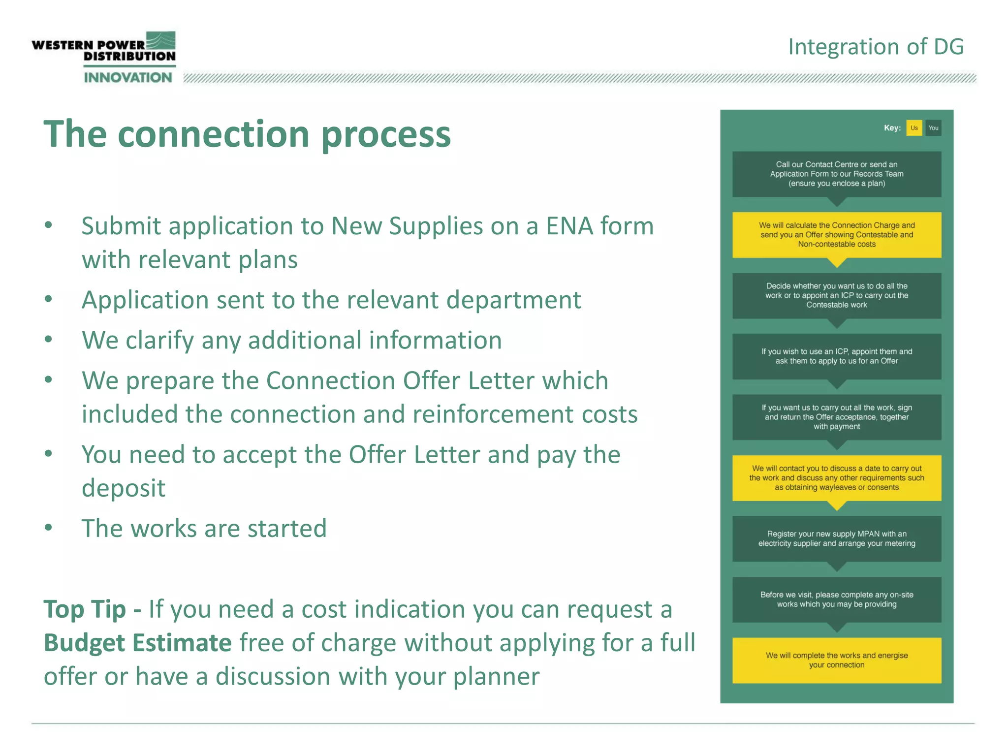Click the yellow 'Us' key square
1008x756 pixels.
point(913,128)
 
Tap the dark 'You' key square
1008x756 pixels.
point(933,128)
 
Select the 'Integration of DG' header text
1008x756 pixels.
point(876,47)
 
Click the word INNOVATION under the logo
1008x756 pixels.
point(128,77)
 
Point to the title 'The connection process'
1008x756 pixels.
point(247,134)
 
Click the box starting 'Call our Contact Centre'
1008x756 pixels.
point(837,174)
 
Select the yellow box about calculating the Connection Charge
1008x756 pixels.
point(837,235)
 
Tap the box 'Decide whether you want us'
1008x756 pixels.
point(837,295)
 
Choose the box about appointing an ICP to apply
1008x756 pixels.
point(837,356)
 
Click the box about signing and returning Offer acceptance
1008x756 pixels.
point(837,417)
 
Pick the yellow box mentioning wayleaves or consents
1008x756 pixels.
point(837,478)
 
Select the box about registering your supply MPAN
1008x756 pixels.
point(837,538)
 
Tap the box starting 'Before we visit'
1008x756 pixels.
point(837,599)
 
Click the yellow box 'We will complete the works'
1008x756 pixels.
point(837,660)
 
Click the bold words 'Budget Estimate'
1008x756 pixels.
point(138,643)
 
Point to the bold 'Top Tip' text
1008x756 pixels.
point(85,609)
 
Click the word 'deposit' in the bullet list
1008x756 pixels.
point(124,488)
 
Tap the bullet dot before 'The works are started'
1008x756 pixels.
point(48,527)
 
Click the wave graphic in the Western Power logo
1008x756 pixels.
point(160,40)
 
